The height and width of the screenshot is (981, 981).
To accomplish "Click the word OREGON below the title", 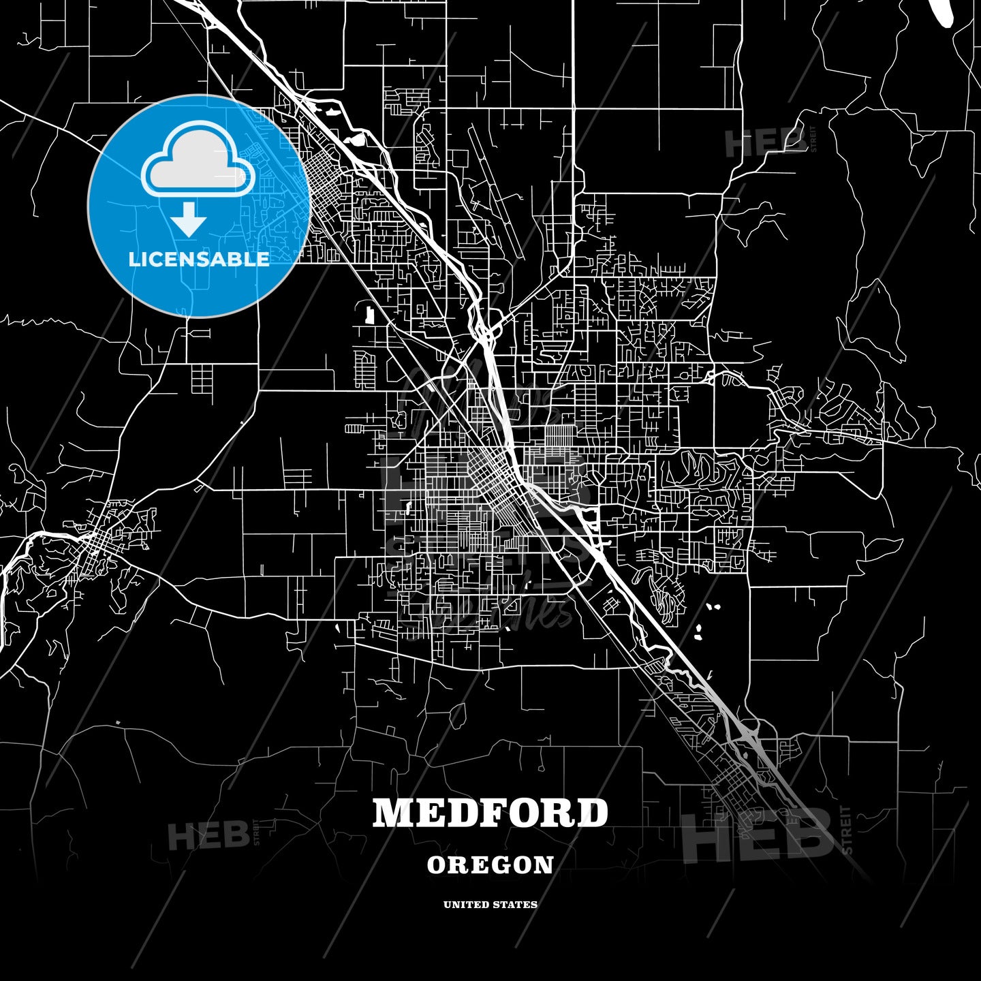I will click(490, 865).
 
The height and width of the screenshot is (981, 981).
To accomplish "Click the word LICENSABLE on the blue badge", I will click(199, 259).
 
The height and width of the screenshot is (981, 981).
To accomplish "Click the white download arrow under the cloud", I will click(189, 218).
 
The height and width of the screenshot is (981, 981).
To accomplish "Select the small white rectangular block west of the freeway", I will click(370, 315).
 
